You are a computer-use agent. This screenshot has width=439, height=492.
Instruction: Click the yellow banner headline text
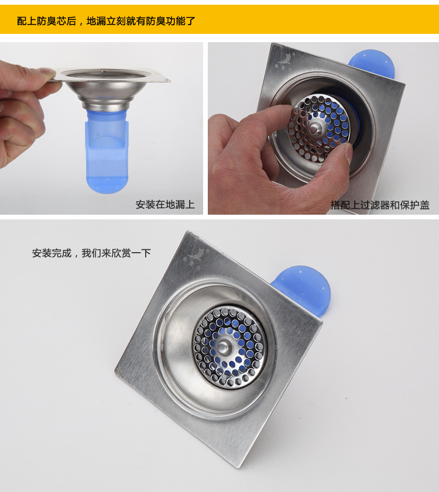[x=106, y=21]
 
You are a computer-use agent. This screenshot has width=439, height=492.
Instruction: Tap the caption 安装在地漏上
[x=165, y=205]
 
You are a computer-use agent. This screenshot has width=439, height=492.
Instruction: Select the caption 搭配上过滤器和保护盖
[x=380, y=205]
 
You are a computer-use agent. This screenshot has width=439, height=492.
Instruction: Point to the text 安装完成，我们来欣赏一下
[x=91, y=253]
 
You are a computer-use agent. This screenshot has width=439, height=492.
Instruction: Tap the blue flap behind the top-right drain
[x=372, y=64]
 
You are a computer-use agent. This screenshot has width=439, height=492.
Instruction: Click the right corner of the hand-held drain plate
[x=170, y=81]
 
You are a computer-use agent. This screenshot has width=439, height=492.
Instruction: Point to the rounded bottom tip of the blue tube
[x=107, y=191]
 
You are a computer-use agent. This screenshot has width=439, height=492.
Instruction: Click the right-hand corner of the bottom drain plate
[x=322, y=322]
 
